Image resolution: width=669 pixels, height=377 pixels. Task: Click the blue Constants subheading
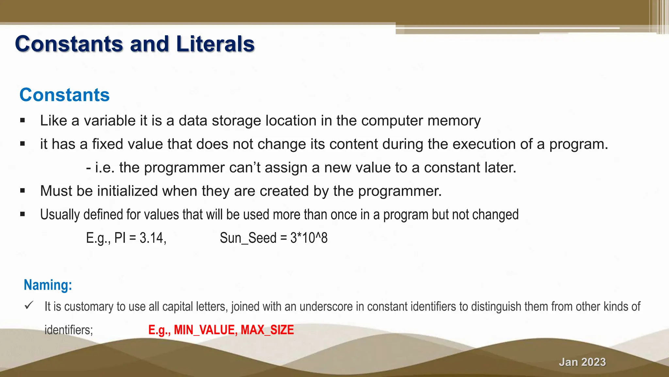pyautogui.click(x=64, y=95)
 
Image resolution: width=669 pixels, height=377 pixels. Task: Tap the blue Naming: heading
pyautogui.click(x=48, y=285)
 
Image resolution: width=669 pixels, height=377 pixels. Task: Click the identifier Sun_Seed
pyautogui.click(x=248, y=238)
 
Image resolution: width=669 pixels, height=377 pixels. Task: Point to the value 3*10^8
pyautogui.click(x=309, y=238)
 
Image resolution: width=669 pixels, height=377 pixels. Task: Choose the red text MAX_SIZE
pyautogui.click(x=267, y=330)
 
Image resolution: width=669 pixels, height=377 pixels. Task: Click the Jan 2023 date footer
pyautogui.click(x=582, y=362)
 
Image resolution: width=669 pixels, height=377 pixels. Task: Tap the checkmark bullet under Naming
pyautogui.click(x=29, y=306)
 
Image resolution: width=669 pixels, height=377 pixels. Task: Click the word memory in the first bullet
pyautogui.click(x=454, y=121)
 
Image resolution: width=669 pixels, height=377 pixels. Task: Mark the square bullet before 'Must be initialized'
pyautogui.click(x=23, y=191)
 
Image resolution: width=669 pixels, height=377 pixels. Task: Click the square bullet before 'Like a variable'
pyautogui.click(x=23, y=120)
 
